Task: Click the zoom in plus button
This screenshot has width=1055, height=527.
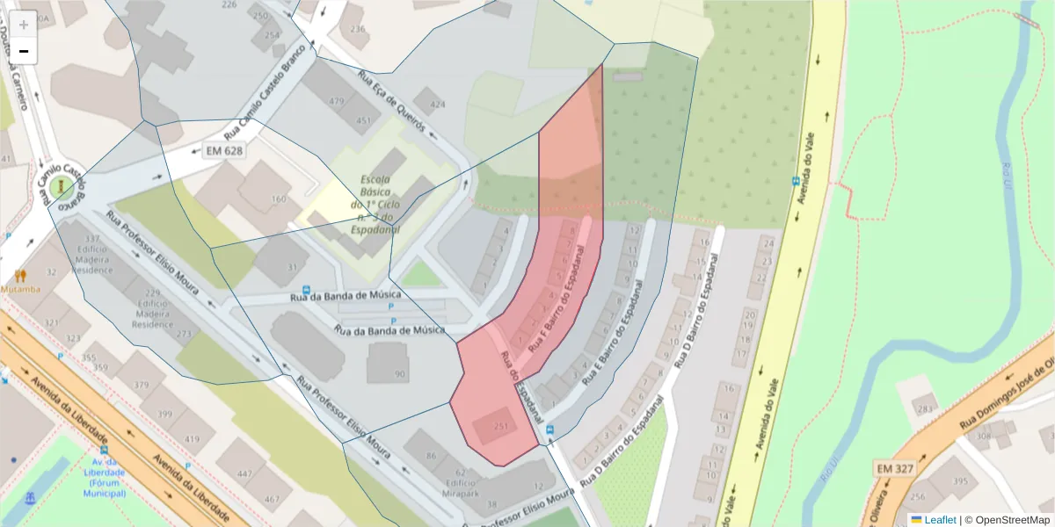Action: tap(24, 25)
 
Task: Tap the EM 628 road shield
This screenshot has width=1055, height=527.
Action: tap(223, 150)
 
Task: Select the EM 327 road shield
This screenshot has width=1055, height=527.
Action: tap(894, 469)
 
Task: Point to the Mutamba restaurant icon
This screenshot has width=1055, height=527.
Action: tap(20, 275)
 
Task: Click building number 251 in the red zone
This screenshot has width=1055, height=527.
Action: tap(501, 426)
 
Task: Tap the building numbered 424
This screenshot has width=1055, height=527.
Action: tap(437, 105)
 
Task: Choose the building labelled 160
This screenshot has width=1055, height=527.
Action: tap(279, 199)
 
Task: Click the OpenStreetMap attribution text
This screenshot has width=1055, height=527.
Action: tap(1008, 519)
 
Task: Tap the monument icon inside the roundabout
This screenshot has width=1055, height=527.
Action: tap(62, 187)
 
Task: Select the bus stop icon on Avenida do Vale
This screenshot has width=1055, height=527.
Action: tap(796, 183)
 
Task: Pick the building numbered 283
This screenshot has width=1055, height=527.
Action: tap(924, 408)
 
